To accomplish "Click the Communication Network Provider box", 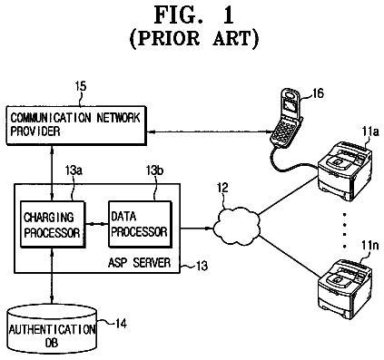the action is [x=76, y=125].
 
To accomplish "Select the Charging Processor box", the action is [x=52, y=225].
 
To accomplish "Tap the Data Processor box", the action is [x=140, y=224].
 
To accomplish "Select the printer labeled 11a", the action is [x=345, y=171].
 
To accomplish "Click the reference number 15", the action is [x=81, y=86].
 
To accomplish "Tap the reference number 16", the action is [x=318, y=93].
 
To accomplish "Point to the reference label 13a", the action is [x=74, y=170].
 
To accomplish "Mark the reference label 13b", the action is [x=154, y=170].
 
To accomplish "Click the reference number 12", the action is [x=222, y=188].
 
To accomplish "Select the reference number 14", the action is [x=121, y=324].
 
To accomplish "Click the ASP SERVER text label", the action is [x=139, y=262].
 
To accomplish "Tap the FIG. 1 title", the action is [x=194, y=15].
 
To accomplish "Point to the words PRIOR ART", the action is [x=194, y=39].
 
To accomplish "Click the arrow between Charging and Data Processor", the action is [x=97, y=224].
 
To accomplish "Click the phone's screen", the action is [x=290, y=107].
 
